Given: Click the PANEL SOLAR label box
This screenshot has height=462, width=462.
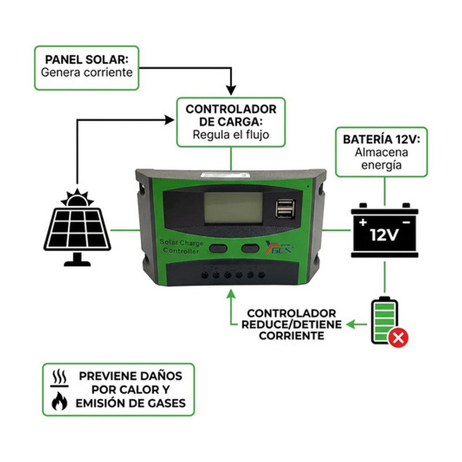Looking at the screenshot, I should click(87, 68).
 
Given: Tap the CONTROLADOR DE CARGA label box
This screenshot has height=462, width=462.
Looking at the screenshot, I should click(230, 121).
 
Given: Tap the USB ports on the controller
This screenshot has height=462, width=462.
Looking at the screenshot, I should click(284, 209).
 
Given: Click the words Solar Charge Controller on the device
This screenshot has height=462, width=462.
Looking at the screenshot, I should click(181, 248).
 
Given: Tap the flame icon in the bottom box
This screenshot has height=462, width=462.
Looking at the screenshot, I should click(59, 401).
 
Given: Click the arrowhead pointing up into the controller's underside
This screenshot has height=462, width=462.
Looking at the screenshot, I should click(231, 295).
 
